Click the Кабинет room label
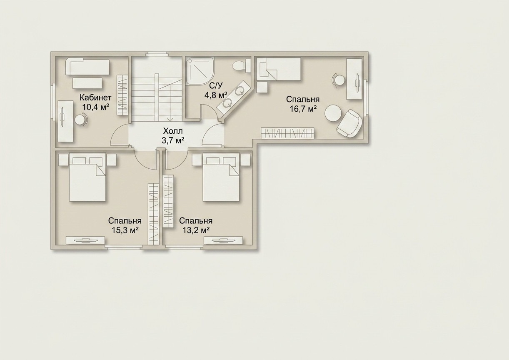tap(95, 98)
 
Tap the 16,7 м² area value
tap(303, 109)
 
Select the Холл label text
tap(173, 131)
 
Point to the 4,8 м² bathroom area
tap(216, 95)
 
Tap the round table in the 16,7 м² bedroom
tap(333, 113)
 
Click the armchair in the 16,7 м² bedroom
tap(349, 123)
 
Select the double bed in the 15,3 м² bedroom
tap(87, 177)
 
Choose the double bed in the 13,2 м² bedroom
tap(221, 177)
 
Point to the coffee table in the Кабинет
tap(87, 83)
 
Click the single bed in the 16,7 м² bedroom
tap(279, 69)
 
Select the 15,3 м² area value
tap(125, 230)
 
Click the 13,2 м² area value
tap(196, 230)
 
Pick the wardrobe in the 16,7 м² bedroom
tap(288, 133)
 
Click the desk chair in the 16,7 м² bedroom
tap(338, 80)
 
